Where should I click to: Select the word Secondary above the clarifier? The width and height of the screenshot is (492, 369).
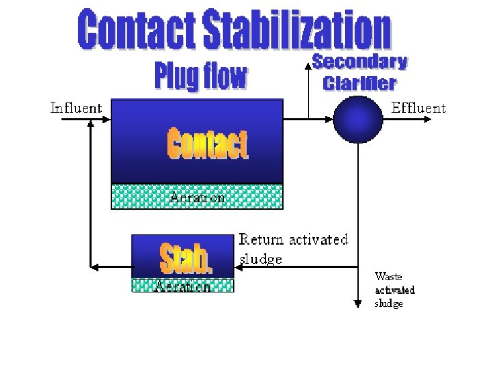tap(359, 62)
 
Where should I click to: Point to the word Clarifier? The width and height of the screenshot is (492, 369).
tap(359, 83)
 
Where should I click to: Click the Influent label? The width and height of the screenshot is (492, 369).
tap(76, 108)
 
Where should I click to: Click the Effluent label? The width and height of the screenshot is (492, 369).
tap(418, 108)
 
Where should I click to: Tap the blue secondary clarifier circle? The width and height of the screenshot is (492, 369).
tap(357, 119)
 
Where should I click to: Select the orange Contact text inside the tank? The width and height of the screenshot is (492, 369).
tap(207, 145)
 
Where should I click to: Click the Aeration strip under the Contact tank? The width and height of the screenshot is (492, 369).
tap(197, 197)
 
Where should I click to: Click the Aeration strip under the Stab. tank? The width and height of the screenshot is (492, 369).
tap(182, 286)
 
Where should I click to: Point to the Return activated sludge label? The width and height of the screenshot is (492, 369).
tap(292, 249)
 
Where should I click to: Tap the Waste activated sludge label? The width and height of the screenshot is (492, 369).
tap(394, 290)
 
